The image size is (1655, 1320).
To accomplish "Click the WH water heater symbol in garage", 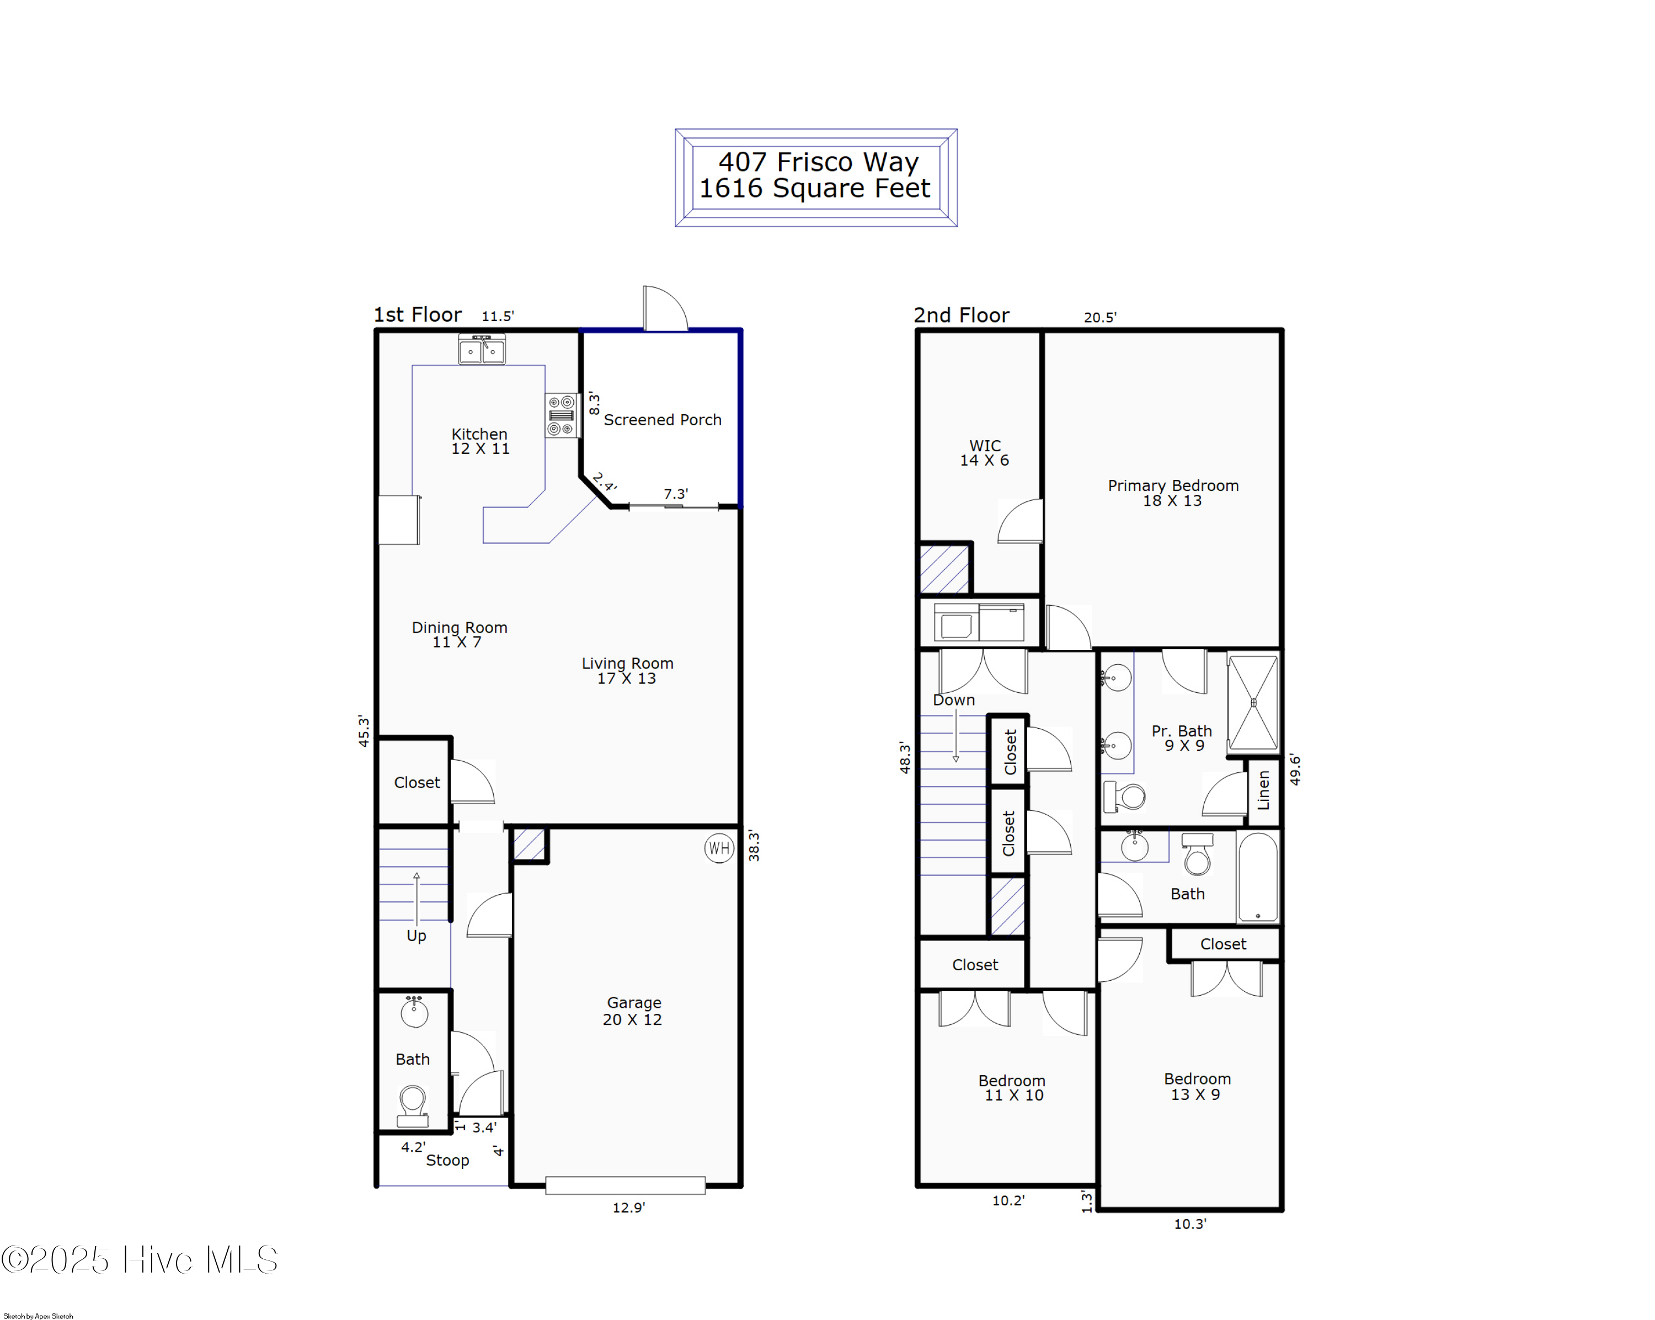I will point(718,848).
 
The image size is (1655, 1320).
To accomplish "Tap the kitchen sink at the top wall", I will point(481,351).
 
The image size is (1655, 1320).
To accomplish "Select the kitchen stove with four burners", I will point(561,415).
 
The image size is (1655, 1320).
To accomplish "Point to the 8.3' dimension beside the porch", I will point(594,403).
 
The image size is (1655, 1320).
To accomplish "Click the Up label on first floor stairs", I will point(416,936).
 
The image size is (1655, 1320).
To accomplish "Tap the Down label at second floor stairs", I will point(953,700).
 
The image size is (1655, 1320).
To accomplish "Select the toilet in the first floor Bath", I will point(413,1105).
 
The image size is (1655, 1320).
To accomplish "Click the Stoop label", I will point(447,1161).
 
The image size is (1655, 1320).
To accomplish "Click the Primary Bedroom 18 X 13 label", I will point(1172,493).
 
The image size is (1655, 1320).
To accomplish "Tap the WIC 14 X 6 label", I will point(984,453).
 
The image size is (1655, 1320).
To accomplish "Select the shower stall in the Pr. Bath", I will point(1253,702).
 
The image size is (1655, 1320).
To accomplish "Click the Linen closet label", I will point(1263,790).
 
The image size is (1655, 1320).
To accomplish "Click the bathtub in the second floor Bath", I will point(1257,877).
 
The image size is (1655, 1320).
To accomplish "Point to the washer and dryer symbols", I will point(979,622).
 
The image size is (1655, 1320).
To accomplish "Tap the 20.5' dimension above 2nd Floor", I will point(1099,317).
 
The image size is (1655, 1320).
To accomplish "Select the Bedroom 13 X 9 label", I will point(1196,1086).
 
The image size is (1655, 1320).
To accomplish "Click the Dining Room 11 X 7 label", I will point(459,635).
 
